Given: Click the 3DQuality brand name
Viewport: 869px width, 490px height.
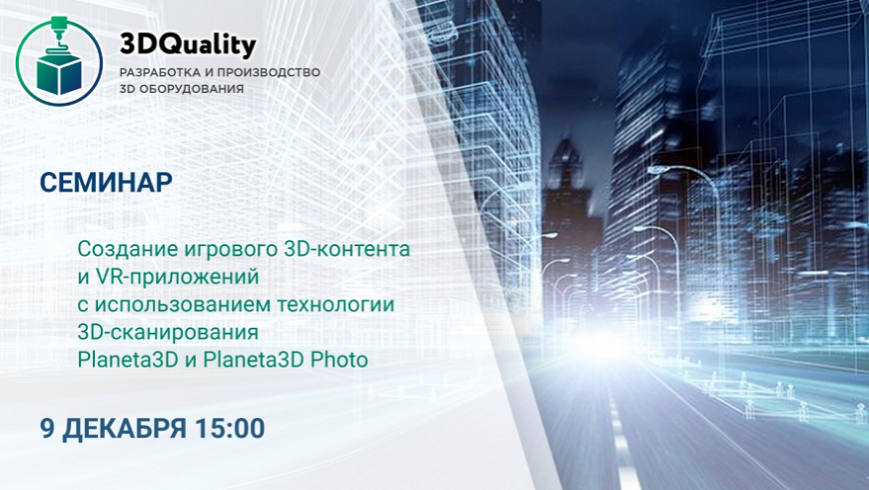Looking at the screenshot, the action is click(188, 46).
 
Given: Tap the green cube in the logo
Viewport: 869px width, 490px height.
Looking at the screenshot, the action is click(59, 74).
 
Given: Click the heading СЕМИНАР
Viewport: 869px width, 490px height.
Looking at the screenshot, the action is click(106, 183).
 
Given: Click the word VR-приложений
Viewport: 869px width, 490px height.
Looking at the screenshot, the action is click(177, 277).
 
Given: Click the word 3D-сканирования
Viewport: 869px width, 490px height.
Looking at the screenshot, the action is click(168, 332).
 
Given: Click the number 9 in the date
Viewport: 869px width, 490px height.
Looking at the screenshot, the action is click(48, 428).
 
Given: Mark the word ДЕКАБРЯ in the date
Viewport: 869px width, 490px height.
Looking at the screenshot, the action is click(125, 429).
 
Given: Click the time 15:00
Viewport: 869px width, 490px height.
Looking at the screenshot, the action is click(230, 428).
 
